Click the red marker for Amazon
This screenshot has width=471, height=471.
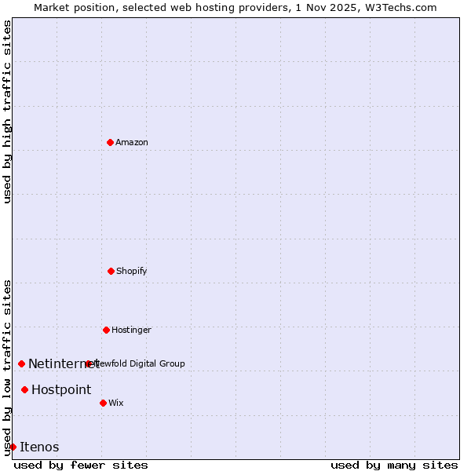click(x=110, y=142)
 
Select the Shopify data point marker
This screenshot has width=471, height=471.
click(x=111, y=271)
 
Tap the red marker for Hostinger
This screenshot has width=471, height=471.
click(x=106, y=330)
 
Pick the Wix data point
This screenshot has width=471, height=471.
click(x=103, y=403)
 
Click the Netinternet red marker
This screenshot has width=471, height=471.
click(x=21, y=363)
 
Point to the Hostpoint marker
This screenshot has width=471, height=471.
click(x=24, y=389)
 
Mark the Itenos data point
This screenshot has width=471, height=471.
click(x=13, y=447)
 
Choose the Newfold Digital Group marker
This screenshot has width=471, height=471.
click(x=88, y=363)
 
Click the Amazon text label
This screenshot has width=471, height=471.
click(x=132, y=142)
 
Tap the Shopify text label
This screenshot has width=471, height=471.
click(x=132, y=271)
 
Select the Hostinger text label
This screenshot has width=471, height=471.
click(x=131, y=330)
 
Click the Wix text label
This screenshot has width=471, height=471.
click(x=116, y=403)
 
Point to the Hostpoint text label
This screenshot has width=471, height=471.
click(x=61, y=389)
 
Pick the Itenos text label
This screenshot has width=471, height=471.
click(x=39, y=447)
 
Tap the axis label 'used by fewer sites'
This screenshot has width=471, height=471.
click(x=81, y=465)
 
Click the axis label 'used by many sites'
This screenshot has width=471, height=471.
click(x=394, y=465)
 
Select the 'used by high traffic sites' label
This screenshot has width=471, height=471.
click(x=7, y=111)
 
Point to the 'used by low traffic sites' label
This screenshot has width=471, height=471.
click(x=7, y=367)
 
